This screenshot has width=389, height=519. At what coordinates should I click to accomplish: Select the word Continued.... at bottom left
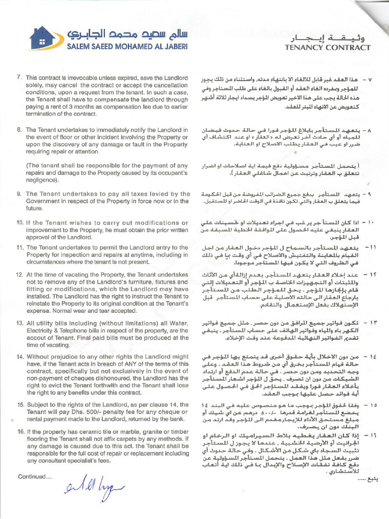(34, 476)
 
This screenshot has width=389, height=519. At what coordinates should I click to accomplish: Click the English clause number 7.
(19, 78)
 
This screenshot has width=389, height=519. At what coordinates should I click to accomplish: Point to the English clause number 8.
(19, 130)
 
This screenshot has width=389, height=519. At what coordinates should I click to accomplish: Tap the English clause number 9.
(19, 194)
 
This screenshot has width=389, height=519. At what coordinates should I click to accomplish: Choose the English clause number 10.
(20, 222)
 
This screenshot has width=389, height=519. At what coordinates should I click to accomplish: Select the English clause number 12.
(20, 275)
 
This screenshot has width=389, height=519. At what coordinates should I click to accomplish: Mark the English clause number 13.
(20, 323)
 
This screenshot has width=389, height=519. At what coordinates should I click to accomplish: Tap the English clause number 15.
(20, 404)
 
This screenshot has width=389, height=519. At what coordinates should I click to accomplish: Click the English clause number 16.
(20, 431)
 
